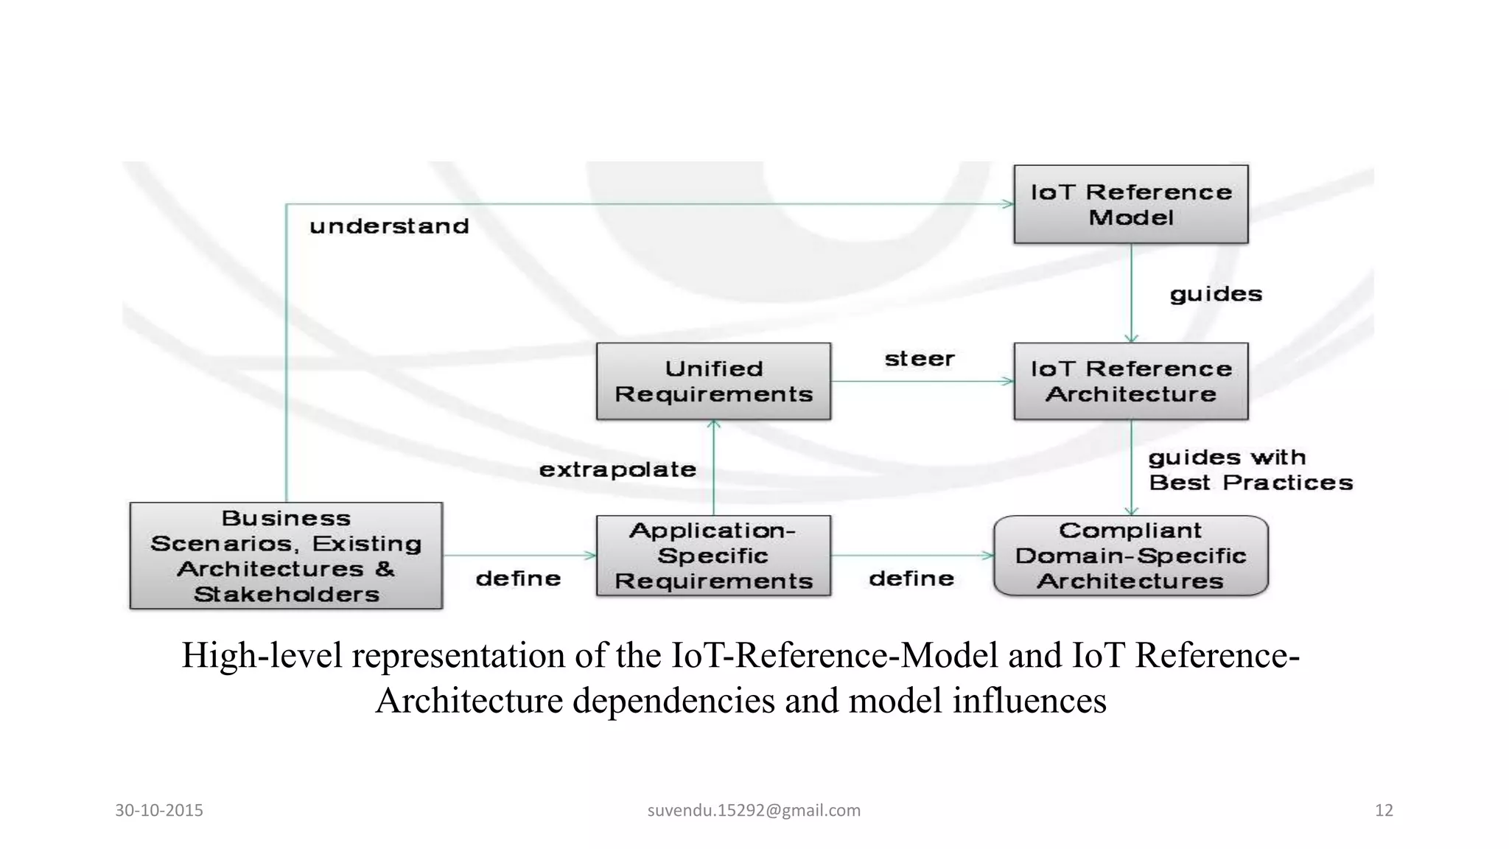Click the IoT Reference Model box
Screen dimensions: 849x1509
coord(1130,204)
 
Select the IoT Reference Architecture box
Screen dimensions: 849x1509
coord(1130,381)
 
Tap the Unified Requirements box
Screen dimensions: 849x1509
coord(713,381)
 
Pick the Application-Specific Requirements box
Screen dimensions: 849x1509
coord(713,555)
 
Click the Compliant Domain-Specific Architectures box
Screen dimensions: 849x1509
coord(1130,555)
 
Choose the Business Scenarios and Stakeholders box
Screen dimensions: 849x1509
coord(286,555)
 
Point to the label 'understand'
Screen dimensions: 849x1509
coord(389,226)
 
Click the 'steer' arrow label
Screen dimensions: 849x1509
coord(919,359)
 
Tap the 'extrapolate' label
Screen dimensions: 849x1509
coord(617,469)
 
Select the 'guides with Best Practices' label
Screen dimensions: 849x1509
coord(1250,469)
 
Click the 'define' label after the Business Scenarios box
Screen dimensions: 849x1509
coord(518,579)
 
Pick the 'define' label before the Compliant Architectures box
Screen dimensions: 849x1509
coord(911,579)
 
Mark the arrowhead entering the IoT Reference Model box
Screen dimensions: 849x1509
coord(1007,204)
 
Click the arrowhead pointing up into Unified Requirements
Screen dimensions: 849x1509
coord(713,425)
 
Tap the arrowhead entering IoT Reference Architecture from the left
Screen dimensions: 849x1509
coord(1007,381)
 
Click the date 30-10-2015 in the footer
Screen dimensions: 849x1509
coord(159,810)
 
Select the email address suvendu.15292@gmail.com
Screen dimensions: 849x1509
coord(754,810)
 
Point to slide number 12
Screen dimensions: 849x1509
coord(1384,810)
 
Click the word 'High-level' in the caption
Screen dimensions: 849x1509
coord(262,655)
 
